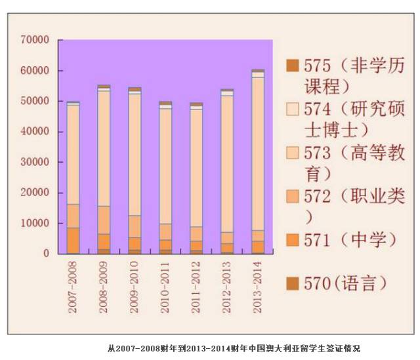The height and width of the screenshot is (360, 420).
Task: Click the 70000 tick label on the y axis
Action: tap(35, 40)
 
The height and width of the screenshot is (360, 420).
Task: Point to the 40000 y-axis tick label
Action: tap(35, 132)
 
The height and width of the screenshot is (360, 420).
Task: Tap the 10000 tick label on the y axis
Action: tap(35, 223)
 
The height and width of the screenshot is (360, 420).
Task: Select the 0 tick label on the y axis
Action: tap(46, 253)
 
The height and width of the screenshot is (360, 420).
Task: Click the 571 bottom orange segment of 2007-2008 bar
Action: tap(73, 240)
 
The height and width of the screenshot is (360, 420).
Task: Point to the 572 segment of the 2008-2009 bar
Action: tap(104, 220)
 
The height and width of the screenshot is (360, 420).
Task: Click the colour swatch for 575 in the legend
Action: tap(292, 66)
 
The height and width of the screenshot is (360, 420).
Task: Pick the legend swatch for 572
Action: tap(292, 195)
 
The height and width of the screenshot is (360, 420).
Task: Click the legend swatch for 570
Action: tap(292, 283)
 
